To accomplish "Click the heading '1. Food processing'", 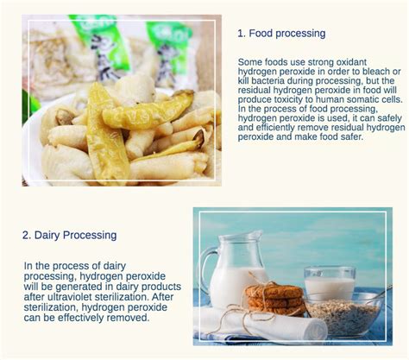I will pos(281,34).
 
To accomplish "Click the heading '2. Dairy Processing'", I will pos(69,235).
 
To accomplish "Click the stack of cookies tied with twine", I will pos(274,298).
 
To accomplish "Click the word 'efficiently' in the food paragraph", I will pos(277,128).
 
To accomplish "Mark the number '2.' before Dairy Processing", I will pos(28,235).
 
